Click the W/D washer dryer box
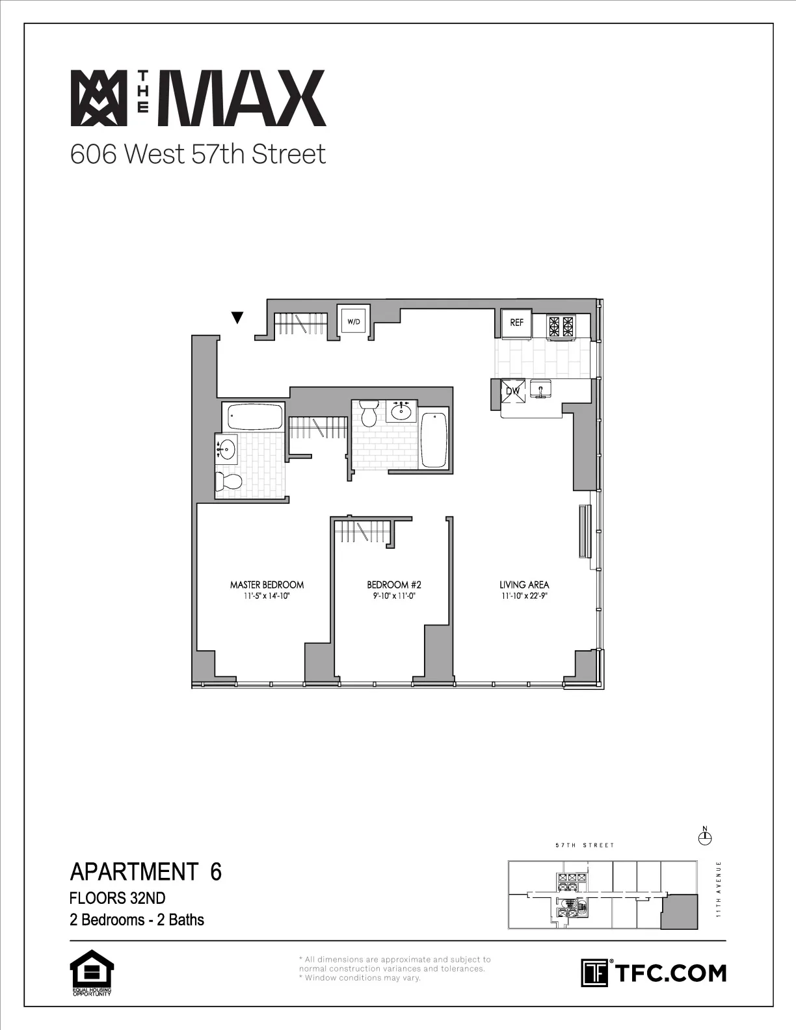(353, 321)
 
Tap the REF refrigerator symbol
(516, 323)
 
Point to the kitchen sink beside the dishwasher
(540, 389)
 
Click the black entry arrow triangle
(237, 317)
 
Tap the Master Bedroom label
(267, 585)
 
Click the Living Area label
(524, 585)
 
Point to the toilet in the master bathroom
(228, 482)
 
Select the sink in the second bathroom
(400, 411)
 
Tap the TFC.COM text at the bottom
(670, 973)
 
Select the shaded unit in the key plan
(678, 911)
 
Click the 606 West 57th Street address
(198, 154)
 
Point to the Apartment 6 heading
(146, 871)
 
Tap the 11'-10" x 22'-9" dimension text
(524, 595)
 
